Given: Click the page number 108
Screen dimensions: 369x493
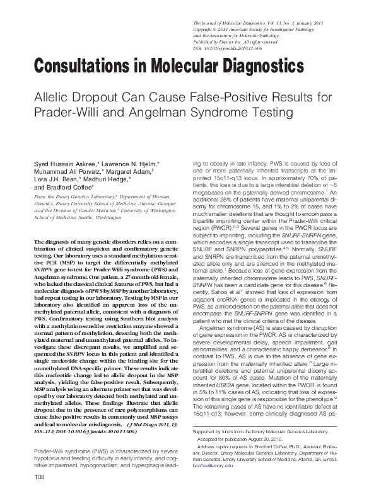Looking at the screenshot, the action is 26,479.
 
